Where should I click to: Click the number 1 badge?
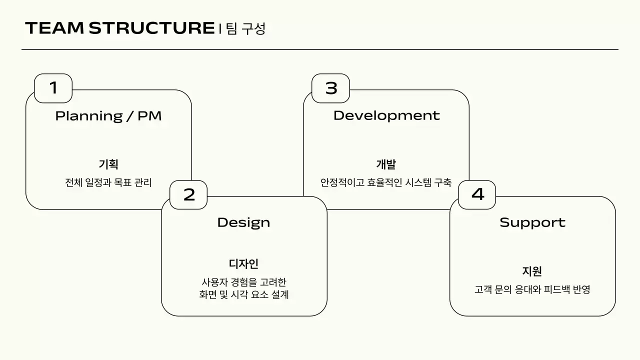(53, 88)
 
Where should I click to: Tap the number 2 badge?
(188, 194)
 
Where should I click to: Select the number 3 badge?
(331, 88)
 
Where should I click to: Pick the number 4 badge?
(477, 194)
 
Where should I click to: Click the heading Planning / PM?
(108, 116)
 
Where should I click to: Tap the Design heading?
(243, 222)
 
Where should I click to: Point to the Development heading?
(386, 115)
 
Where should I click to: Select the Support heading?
(532, 222)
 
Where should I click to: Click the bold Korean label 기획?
(108, 164)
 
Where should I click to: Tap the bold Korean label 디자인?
(243, 264)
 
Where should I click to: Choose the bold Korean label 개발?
(386, 164)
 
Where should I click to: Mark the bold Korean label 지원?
(532, 271)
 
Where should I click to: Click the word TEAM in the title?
(54, 28)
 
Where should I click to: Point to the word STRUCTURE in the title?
(151, 28)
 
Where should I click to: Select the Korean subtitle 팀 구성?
(245, 28)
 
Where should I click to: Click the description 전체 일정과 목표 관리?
(108, 182)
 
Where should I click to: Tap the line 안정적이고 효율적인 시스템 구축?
(386, 182)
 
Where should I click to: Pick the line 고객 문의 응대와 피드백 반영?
(532, 289)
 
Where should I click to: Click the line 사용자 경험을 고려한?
(243, 282)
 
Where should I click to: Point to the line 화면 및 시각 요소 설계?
(243, 294)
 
